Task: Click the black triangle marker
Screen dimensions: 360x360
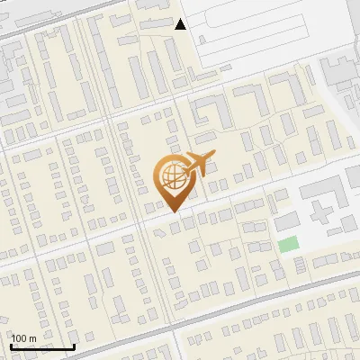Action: click(x=181, y=24)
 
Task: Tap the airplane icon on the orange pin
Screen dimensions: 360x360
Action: click(x=198, y=165)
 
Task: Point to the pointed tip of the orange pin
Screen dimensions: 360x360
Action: click(x=173, y=211)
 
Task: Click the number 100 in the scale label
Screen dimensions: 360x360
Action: click(x=19, y=338)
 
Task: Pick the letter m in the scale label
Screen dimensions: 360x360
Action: click(x=32, y=338)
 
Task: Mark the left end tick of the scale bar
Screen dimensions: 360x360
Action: click(x=11, y=346)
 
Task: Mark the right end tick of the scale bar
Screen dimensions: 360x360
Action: click(x=74, y=346)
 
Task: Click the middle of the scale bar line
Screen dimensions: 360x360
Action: click(x=42, y=347)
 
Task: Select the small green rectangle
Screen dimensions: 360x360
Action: click(x=287, y=244)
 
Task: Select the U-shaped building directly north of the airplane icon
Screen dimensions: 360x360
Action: click(x=212, y=112)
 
